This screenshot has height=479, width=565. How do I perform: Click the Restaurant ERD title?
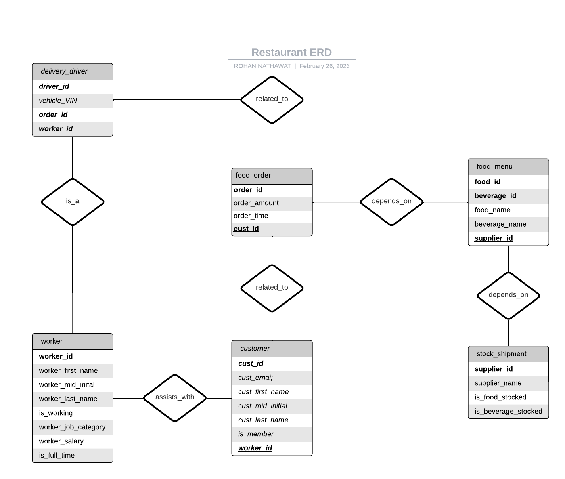291,53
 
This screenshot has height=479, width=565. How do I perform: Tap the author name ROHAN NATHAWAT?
262,66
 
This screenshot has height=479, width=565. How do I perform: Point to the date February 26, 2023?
324,66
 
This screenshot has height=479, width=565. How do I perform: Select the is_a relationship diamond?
73,201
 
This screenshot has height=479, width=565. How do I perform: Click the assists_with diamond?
175,397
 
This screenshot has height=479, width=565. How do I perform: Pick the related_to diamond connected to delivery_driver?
272,99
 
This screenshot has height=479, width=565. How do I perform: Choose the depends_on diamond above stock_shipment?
508,295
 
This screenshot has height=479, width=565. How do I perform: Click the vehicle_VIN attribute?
58,101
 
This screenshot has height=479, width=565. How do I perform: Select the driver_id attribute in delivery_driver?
54,86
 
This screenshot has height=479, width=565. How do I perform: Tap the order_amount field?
256,203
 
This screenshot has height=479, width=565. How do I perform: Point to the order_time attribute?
251,216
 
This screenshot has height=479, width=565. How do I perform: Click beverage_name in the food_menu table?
500,224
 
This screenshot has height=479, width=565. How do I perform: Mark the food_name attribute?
492,210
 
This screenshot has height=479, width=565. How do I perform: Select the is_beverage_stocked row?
508,412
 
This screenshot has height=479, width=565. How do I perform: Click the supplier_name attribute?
498,383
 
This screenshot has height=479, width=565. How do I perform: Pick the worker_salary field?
61,441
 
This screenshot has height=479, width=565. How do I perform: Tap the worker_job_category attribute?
72,427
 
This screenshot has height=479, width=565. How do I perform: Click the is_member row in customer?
255,434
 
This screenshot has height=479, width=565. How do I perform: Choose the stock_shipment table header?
501,354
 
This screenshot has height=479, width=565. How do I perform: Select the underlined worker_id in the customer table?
255,448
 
